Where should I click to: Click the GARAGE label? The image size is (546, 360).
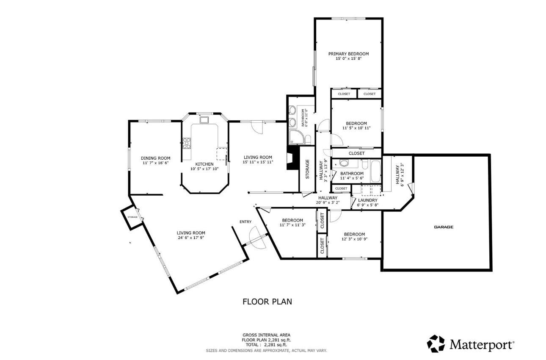[443, 227]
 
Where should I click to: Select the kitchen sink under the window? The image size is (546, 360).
[205, 120]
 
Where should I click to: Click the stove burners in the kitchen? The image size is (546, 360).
[186, 143]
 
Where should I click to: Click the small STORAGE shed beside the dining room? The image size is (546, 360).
[132, 217]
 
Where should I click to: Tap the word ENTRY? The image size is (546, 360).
[245, 222]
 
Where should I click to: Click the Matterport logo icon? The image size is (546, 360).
[436, 343]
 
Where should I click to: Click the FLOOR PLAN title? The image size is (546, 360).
[267, 302]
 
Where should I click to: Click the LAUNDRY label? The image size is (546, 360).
[367, 200]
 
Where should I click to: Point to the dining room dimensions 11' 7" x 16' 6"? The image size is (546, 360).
[155, 163]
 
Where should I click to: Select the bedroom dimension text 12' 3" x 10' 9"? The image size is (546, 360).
[354, 239]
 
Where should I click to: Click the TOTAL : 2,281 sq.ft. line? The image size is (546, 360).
[266, 345]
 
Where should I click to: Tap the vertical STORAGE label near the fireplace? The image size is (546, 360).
[308, 169]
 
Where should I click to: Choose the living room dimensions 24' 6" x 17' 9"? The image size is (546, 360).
[191, 238]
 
